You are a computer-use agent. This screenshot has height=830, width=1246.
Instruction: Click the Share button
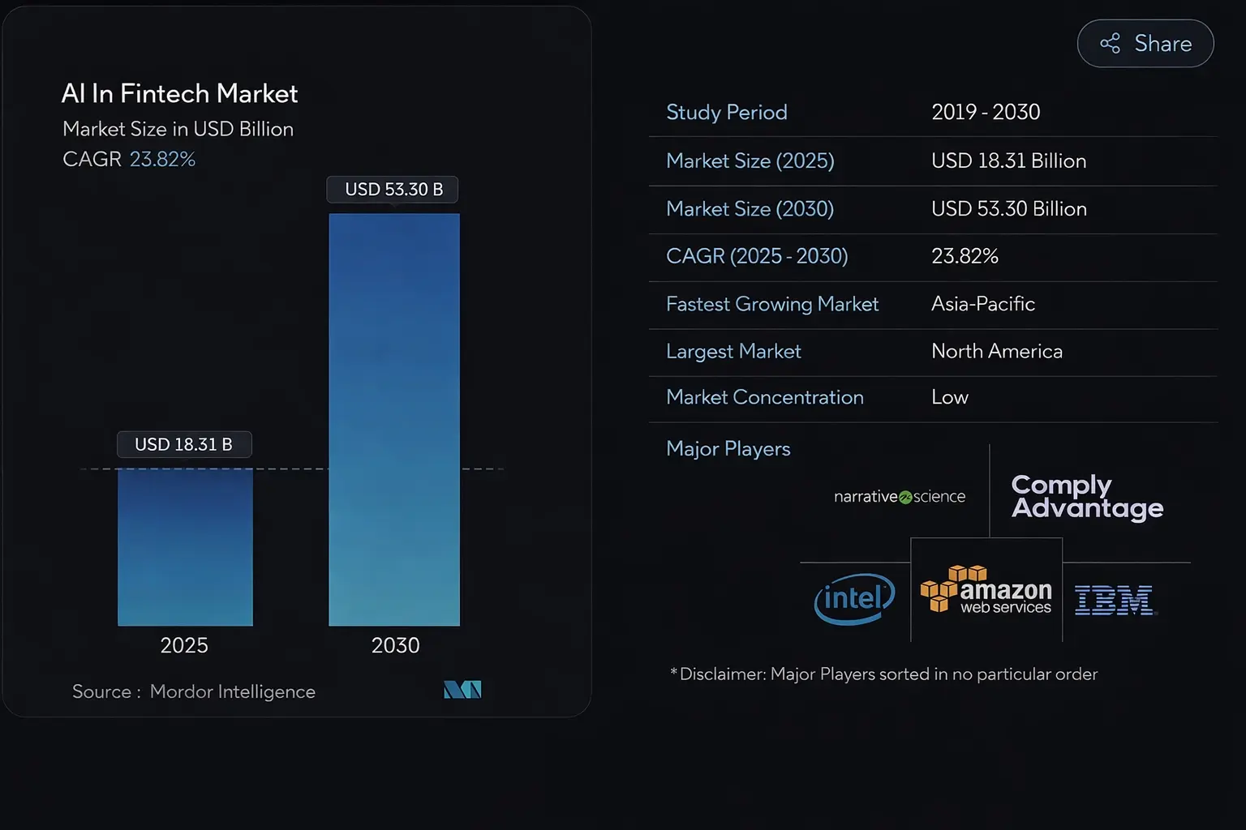(x=1145, y=44)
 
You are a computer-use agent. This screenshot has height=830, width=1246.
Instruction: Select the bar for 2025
(x=185, y=547)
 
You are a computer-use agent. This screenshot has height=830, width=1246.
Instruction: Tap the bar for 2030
(x=394, y=419)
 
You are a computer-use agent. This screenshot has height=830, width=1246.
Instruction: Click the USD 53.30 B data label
(x=393, y=190)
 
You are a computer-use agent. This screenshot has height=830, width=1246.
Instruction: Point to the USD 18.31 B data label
(x=184, y=444)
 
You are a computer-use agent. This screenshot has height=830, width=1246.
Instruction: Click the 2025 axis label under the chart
(x=184, y=645)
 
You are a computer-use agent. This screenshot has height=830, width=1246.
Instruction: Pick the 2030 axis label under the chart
(x=395, y=645)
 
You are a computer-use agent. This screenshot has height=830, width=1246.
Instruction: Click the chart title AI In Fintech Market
(x=179, y=94)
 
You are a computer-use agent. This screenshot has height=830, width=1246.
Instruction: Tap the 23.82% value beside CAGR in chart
(x=162, y=159)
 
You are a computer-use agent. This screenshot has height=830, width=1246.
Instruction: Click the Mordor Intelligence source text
(x=232, y=691)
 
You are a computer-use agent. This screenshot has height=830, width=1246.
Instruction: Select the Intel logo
(x=854, y=599)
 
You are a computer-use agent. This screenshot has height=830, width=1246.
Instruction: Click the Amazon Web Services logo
(x=986, y=590)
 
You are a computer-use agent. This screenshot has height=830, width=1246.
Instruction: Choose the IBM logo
(x=1115, y=601)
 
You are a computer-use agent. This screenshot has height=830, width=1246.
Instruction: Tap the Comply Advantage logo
(x=1087, y=496)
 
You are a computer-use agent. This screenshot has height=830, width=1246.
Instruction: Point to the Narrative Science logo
(x=900, y=497)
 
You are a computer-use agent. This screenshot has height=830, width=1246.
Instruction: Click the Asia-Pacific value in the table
(x=983, y=304)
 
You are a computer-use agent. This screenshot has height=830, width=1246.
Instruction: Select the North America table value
(x=997, y=351)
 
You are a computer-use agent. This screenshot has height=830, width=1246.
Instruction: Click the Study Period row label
(x=726, y=112)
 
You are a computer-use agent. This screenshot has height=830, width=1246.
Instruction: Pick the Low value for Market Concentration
(x=950, y=397)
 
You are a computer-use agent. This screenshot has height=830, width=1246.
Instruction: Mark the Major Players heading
(x=728, y=449)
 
